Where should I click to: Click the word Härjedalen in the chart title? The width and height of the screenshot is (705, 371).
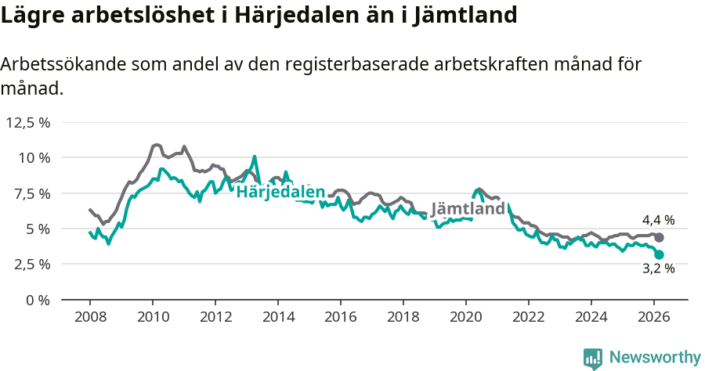point(301,16)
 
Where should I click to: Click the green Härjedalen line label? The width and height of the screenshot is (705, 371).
point(280,193)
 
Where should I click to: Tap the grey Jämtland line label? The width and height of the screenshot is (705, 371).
point(468,210)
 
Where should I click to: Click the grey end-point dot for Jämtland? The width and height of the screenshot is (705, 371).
point(660,237)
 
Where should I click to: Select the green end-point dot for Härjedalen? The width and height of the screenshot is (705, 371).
point(660,254)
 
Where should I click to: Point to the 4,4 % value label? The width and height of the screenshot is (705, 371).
point(658,221)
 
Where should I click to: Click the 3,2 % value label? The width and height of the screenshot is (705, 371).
point(658,269)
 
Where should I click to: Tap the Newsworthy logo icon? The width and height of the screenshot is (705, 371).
point(593,358)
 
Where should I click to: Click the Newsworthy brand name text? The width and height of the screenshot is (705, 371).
point(654,358)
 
